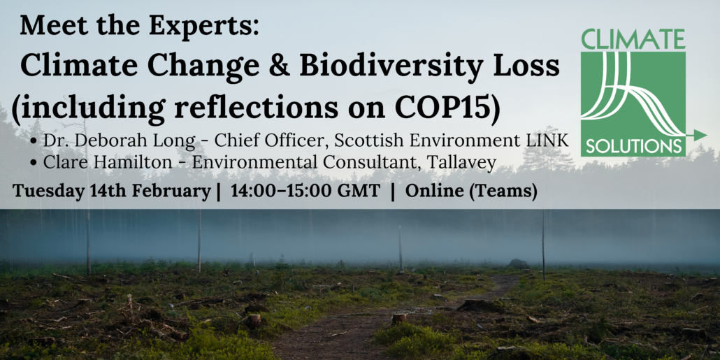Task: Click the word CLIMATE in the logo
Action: tap(633, 39)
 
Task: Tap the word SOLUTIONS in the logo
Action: tap(633, 147)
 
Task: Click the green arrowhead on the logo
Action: tap(700, 135)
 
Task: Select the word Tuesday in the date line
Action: tap(43, 192)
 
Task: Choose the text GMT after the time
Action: tap(359, 192)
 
